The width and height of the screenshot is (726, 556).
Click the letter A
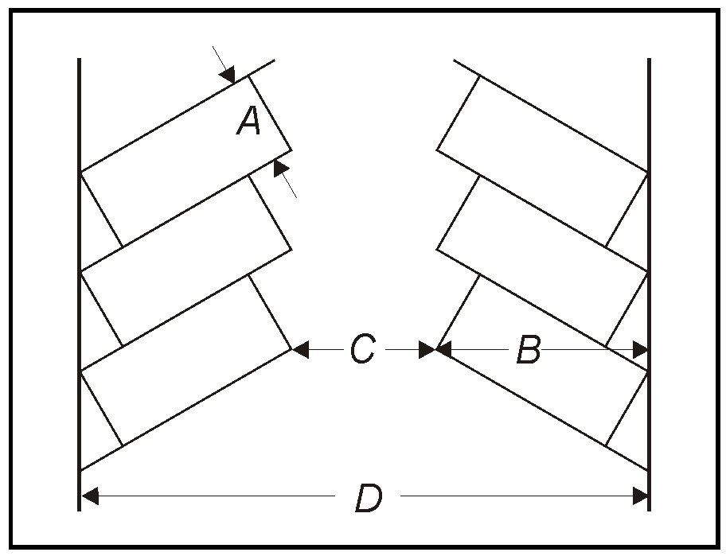[248, 121]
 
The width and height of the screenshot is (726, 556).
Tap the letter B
[529, 349]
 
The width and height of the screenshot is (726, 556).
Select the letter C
[362, 349]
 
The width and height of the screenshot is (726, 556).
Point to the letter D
[369, 497]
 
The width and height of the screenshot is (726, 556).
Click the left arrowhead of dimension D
[90, 496]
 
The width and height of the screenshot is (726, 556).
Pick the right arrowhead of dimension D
[640, 496]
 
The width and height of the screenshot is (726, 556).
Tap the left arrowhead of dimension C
[300, 349]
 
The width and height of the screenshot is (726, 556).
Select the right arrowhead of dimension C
[427, 349]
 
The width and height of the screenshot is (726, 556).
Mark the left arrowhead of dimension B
[443, 349]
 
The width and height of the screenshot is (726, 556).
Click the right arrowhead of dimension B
[640, 349]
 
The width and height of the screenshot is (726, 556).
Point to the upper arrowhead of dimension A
[228, 75]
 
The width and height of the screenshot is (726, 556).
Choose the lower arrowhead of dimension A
[280, 168]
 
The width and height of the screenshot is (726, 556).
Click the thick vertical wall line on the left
[79, 285]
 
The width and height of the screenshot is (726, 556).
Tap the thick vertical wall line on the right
[649, 285]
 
